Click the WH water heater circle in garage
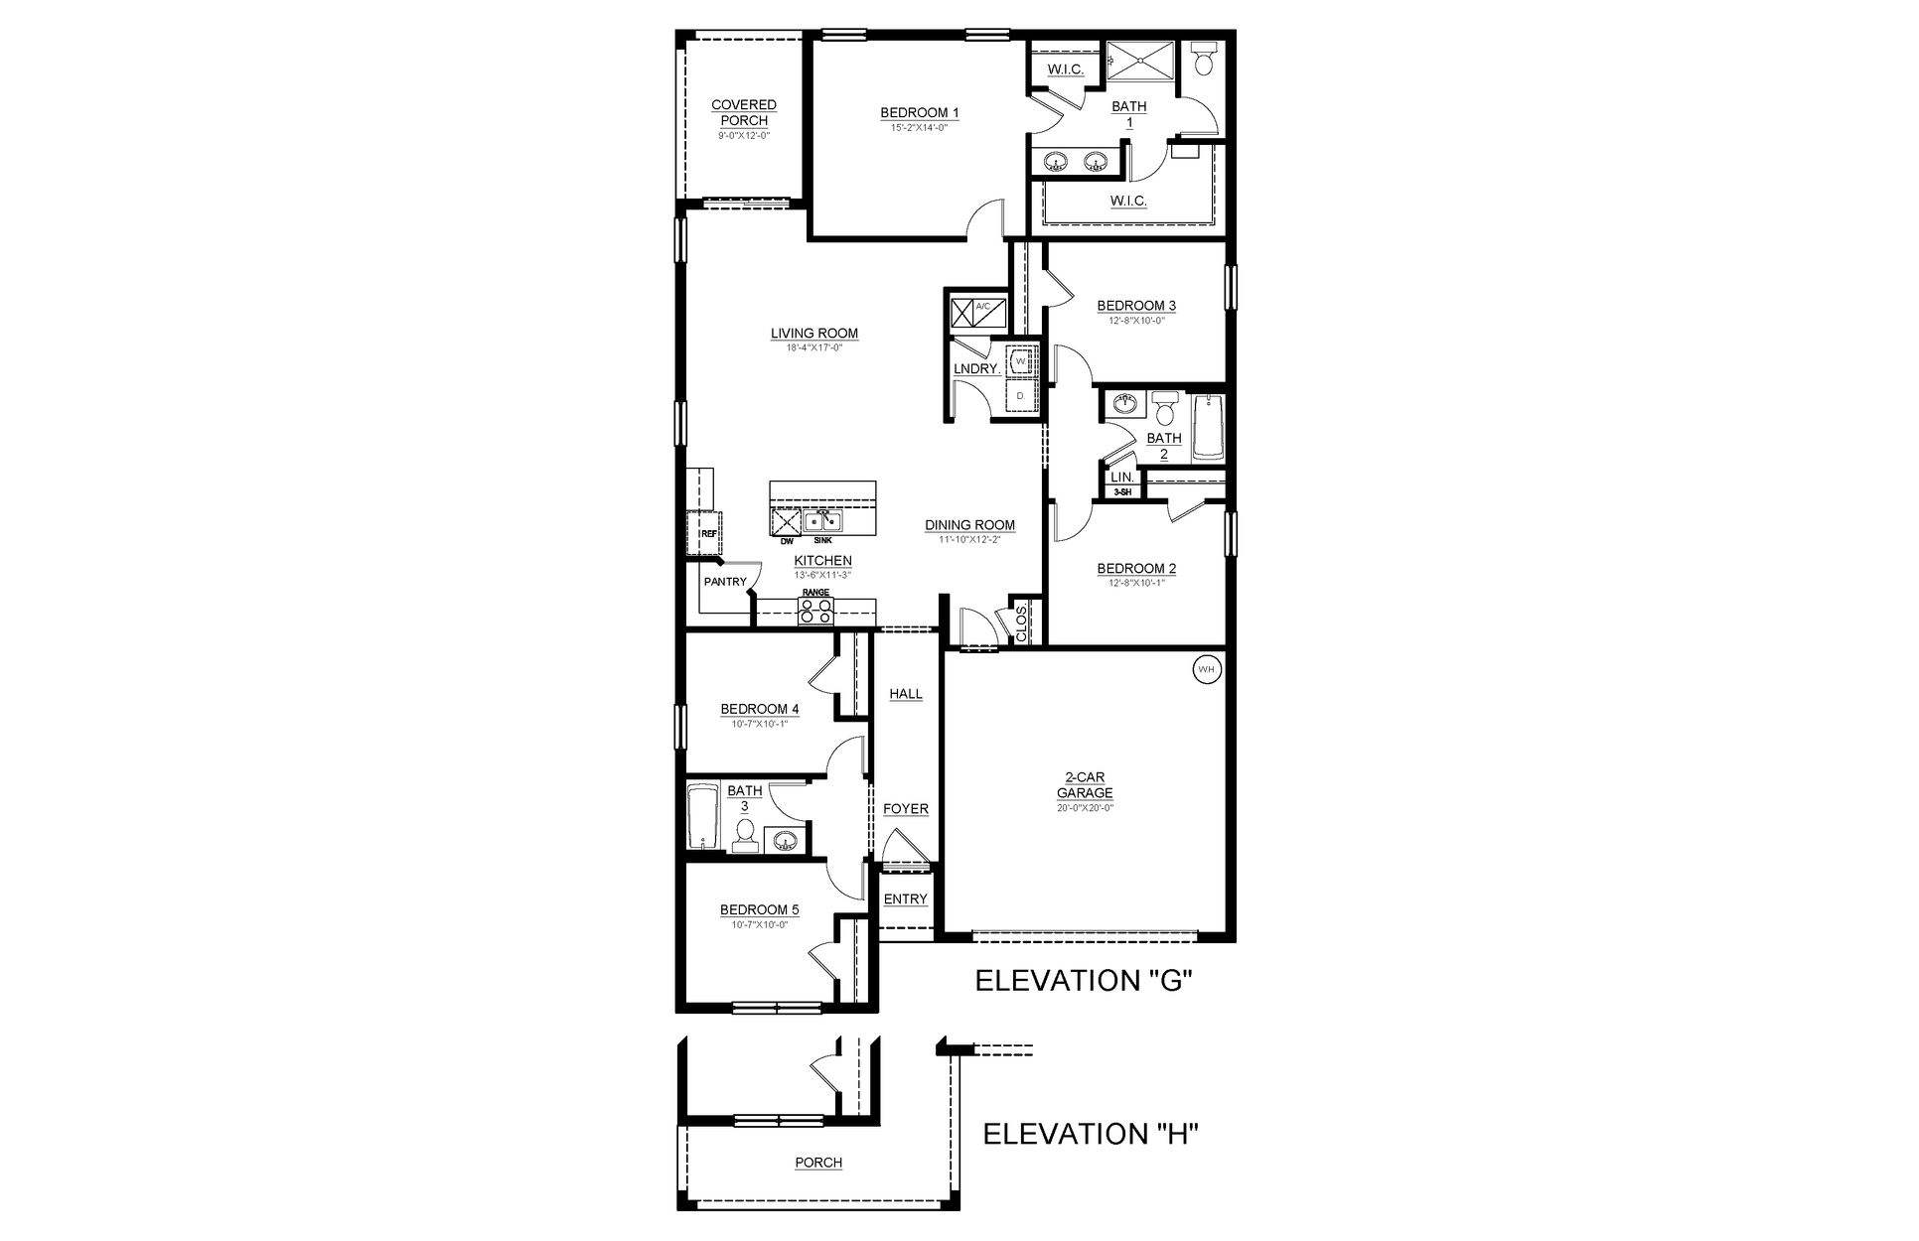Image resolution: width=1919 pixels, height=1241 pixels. pos(1206,670)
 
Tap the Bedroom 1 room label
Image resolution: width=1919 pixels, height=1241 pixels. pos(919,113)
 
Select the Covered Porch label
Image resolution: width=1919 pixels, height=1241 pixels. pos(744,112)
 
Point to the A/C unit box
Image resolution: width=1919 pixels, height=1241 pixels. pos(977,313)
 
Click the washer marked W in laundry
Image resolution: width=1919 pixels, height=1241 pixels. pos(1020,360)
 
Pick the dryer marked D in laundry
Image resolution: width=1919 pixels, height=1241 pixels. pos(1020,396)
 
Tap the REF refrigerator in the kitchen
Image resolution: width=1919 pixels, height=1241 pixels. pos(704,533)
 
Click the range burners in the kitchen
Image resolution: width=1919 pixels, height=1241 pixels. pos(815,610)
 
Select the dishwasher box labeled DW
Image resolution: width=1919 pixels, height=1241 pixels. pos(787,520)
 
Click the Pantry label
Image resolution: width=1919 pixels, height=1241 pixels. pos(724,582)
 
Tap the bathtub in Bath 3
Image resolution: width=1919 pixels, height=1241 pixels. pos(702,816)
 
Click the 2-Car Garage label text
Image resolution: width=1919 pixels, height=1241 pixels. pos(1084,786)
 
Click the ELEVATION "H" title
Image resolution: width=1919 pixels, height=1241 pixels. pos(1091,1134)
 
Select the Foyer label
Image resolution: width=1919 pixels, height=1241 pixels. pos(905,809)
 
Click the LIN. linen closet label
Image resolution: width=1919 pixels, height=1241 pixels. pos(1121,478)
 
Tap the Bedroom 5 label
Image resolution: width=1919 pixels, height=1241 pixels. pos(759,909)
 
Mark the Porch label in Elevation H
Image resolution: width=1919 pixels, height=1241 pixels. pos(818,1163)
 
